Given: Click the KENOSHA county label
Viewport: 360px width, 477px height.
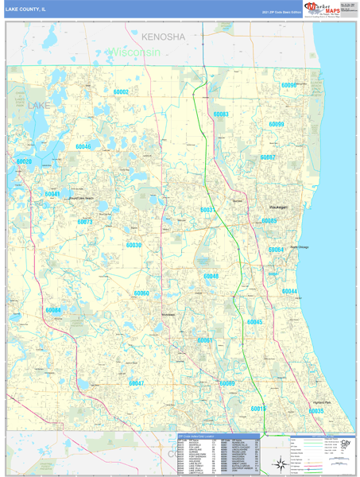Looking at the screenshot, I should click(163, 37).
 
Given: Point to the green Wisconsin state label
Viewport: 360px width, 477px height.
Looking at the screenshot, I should click(135, 52).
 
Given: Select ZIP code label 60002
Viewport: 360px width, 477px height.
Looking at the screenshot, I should click(121, 92).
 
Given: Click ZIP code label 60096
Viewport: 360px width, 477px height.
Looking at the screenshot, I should click(288, 85).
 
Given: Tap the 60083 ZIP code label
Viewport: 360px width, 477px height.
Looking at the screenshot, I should click(221, 114).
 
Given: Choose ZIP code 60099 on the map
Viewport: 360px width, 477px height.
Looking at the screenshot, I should click(277, 125).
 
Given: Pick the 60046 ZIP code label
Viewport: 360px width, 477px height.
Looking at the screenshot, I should click(83, 147).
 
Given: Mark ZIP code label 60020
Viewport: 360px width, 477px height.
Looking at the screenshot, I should click(24, 162).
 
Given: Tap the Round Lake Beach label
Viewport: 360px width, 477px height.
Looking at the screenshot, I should click(81, 198).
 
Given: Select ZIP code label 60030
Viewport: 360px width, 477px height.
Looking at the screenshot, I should click(134, 246).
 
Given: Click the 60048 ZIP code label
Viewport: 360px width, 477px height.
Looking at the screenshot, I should click(211, 277).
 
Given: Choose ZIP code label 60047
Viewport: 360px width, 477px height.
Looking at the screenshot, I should click(136, 383).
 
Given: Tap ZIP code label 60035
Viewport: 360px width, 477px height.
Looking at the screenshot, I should click(315, 411).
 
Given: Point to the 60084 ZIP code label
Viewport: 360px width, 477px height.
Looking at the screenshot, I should click(53, 310).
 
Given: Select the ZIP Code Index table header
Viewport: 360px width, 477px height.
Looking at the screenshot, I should click(218, 436).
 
